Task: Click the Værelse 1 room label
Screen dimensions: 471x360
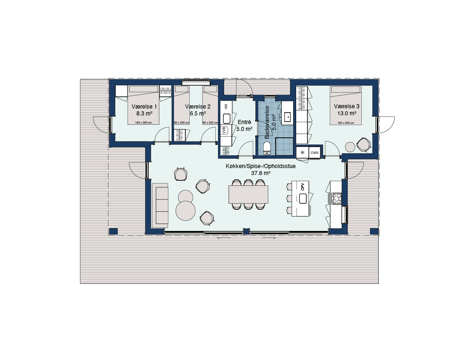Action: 144,107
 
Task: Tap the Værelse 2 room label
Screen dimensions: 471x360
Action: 198,107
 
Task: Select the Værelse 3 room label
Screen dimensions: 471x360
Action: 347,106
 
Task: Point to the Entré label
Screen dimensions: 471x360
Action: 244,122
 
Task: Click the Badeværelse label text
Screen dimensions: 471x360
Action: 267,122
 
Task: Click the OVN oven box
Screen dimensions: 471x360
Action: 314,153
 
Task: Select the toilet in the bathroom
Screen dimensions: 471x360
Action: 267,148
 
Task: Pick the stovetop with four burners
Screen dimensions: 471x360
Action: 337,198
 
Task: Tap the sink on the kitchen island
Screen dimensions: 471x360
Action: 303,199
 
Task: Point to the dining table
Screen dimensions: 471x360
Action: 248,194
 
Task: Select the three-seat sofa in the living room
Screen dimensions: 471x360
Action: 160,205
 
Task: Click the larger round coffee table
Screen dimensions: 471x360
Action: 186,211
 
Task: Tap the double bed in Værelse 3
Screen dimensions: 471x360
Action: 346,105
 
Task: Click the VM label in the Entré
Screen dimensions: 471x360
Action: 226,106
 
